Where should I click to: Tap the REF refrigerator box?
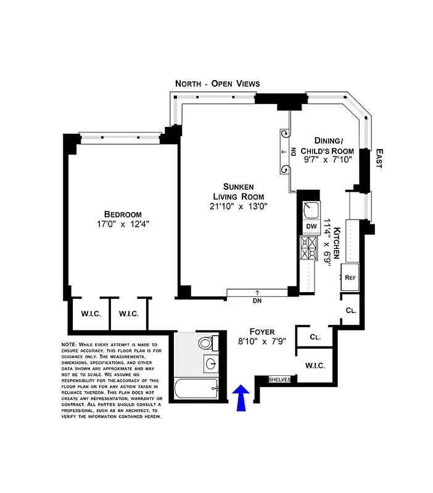(351, 277)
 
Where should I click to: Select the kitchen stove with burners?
(308, 248)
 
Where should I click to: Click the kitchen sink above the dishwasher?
(310, 209)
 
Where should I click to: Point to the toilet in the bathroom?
(206, 343)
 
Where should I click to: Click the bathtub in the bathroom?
(195, 389)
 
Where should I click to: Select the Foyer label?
(262, 331)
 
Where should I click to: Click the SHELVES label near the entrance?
(279, 379)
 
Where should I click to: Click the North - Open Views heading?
(217, 83)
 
